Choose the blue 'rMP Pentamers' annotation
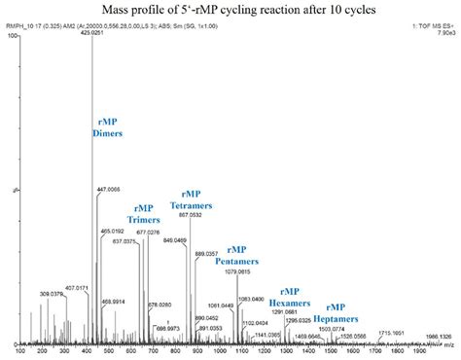click(x=243, y=255)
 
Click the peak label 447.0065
click(x=108, y=189)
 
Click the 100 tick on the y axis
click(x=14, y=36)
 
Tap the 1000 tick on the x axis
click(x=227, y=351)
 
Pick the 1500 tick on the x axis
click(x=331, y=351)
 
